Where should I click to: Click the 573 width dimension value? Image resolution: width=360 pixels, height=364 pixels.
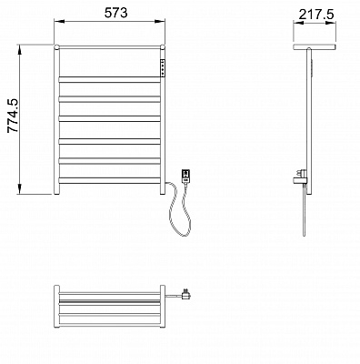116,13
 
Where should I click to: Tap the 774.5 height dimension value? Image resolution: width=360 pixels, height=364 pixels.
14,116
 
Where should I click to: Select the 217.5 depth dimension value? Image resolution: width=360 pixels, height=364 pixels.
316,15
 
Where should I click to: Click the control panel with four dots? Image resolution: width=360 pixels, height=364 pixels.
163,67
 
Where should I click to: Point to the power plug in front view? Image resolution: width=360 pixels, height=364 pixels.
185,177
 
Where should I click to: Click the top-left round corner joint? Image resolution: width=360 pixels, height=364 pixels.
56,47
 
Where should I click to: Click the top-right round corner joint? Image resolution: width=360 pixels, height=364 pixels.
163,47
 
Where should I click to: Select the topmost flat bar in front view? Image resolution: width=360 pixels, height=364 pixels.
110,80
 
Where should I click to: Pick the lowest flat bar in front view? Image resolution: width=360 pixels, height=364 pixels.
110,180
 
